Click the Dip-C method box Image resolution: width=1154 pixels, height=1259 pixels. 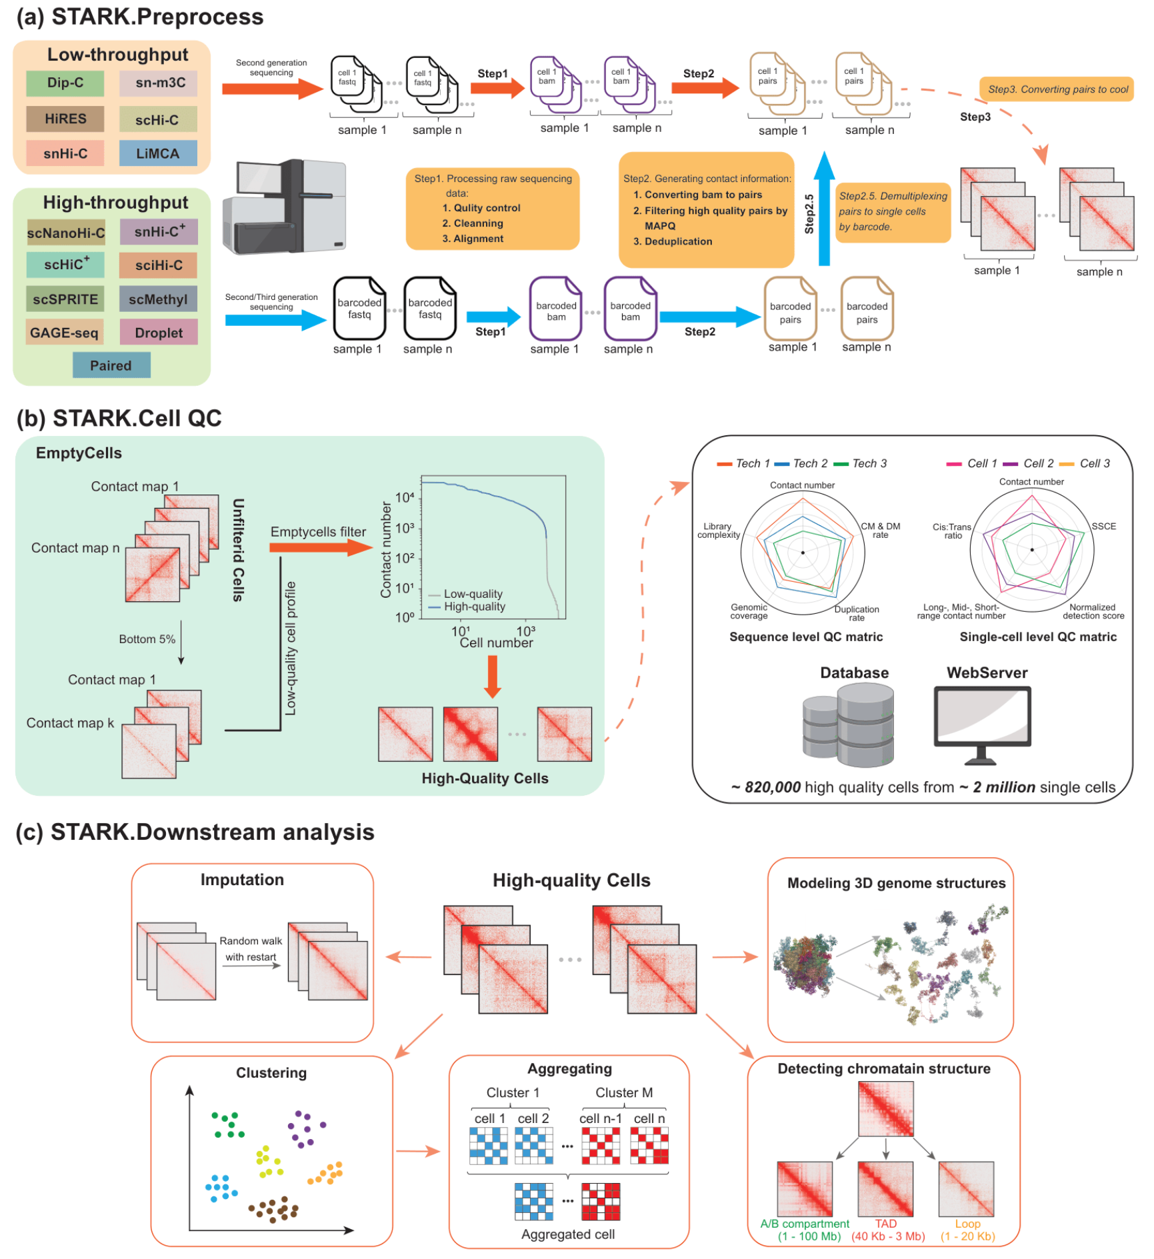(x=65, y=83)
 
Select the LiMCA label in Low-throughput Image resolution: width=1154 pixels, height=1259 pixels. (x=158, y=153)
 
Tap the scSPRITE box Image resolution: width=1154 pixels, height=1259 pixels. (x=65, y=299)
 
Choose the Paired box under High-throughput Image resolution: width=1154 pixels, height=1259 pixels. (x=111, y=365)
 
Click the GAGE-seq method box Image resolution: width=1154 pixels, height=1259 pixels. (x=65, y=333)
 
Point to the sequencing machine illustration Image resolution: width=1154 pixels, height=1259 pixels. (x=285, y=207)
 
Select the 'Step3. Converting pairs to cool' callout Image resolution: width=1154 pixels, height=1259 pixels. (x=1057, y=89)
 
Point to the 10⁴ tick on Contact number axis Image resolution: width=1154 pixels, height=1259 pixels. (x=405, y=497)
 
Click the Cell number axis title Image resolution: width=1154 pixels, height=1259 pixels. (x=496, y=643)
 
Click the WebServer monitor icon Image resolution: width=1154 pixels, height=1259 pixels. (x=983, y=723)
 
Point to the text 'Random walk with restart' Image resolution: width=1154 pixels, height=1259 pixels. (x=251, y=948)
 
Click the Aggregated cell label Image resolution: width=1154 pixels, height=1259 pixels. (x=567, y=1234)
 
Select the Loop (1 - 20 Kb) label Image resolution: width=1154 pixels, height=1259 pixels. (x=967, y=1230)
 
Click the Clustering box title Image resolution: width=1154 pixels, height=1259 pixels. (x=271, y=1072)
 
